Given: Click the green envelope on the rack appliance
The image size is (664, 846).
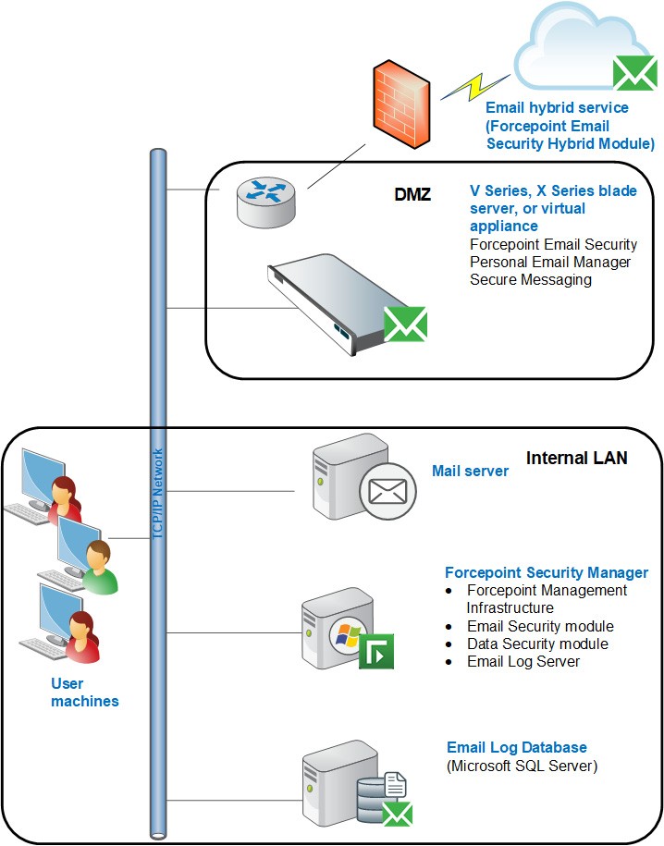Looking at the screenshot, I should tap(405, 325).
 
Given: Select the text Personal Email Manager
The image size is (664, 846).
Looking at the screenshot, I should tap(550, 262).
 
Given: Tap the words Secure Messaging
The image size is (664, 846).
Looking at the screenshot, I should tap(531, 279).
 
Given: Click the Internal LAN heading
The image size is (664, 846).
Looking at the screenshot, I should tap(577, 458).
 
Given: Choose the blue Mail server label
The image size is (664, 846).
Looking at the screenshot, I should tap(470, 472).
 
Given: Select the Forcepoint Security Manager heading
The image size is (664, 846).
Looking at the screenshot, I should tap(547, 573).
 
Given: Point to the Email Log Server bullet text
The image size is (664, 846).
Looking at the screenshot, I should tap(523, 661).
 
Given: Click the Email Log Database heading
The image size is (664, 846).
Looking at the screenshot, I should tap(517, 747).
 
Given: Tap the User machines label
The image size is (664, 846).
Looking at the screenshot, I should tap(85, 693).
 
